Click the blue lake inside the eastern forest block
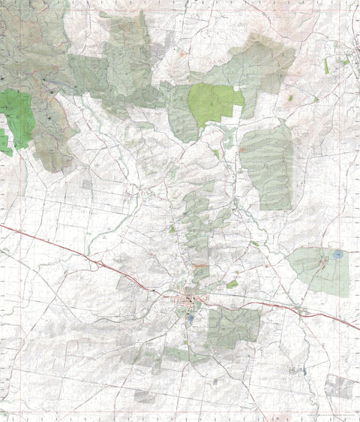coord(338,255)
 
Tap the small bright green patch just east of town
coord(232,285)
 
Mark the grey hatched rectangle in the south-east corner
coord(340,387)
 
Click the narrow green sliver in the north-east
coord(326,66)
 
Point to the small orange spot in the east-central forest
coord(242,149)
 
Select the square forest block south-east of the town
coord(233,327)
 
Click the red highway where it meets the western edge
coord(2,225)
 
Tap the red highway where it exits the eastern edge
coord(357,329)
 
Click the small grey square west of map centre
coord(87,183)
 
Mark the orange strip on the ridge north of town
coord(199,266)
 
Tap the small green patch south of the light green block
coord(216,153)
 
